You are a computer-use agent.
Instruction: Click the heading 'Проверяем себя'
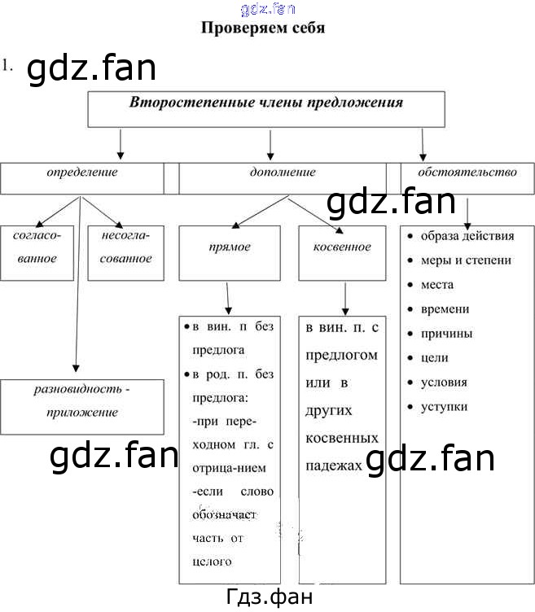pos(263,28)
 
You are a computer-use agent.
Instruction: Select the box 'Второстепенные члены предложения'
pos(266,109)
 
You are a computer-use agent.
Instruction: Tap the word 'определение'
pos(81,173)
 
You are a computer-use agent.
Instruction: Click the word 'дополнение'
pos(282,173)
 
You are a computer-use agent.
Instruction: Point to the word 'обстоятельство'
pos(467,173)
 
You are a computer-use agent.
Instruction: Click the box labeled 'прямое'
pos(229,247)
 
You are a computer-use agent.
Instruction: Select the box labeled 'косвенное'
pos(341,247)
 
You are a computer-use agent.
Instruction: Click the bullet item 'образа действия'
pos(467,236)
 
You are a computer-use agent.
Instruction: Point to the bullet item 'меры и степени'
pos(465,260)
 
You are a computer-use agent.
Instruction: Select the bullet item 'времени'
pos(445,309)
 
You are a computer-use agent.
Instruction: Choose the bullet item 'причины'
pos(446,334)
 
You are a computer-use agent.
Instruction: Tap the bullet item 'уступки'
pos(444,407)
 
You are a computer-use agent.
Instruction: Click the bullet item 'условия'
pos(444,382)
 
